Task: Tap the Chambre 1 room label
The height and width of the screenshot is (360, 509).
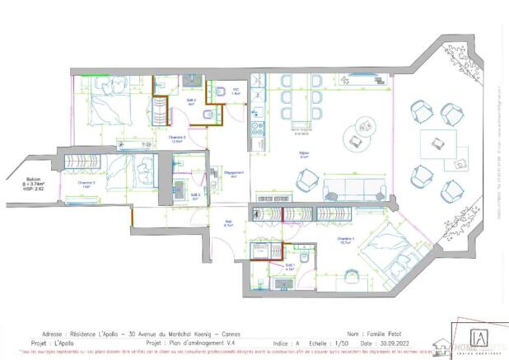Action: point(345,240)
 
